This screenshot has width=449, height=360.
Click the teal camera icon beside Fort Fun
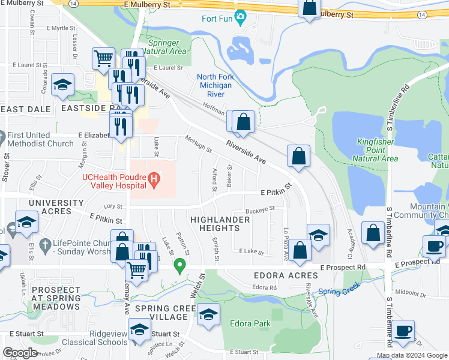tap(241, 17)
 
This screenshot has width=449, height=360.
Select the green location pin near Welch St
tap(179, 264)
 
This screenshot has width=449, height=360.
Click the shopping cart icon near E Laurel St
tap(103, 58)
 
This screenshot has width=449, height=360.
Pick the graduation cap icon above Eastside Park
tap(62, 86)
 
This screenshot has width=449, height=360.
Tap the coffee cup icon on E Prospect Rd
tap(434, 245)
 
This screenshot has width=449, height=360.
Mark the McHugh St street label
tap(199, 143)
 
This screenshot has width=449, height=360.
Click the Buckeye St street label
tap(260, 209)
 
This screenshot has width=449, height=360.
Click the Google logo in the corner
tap(20, 352)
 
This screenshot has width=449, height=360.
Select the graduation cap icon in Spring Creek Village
tap(208, 314)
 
